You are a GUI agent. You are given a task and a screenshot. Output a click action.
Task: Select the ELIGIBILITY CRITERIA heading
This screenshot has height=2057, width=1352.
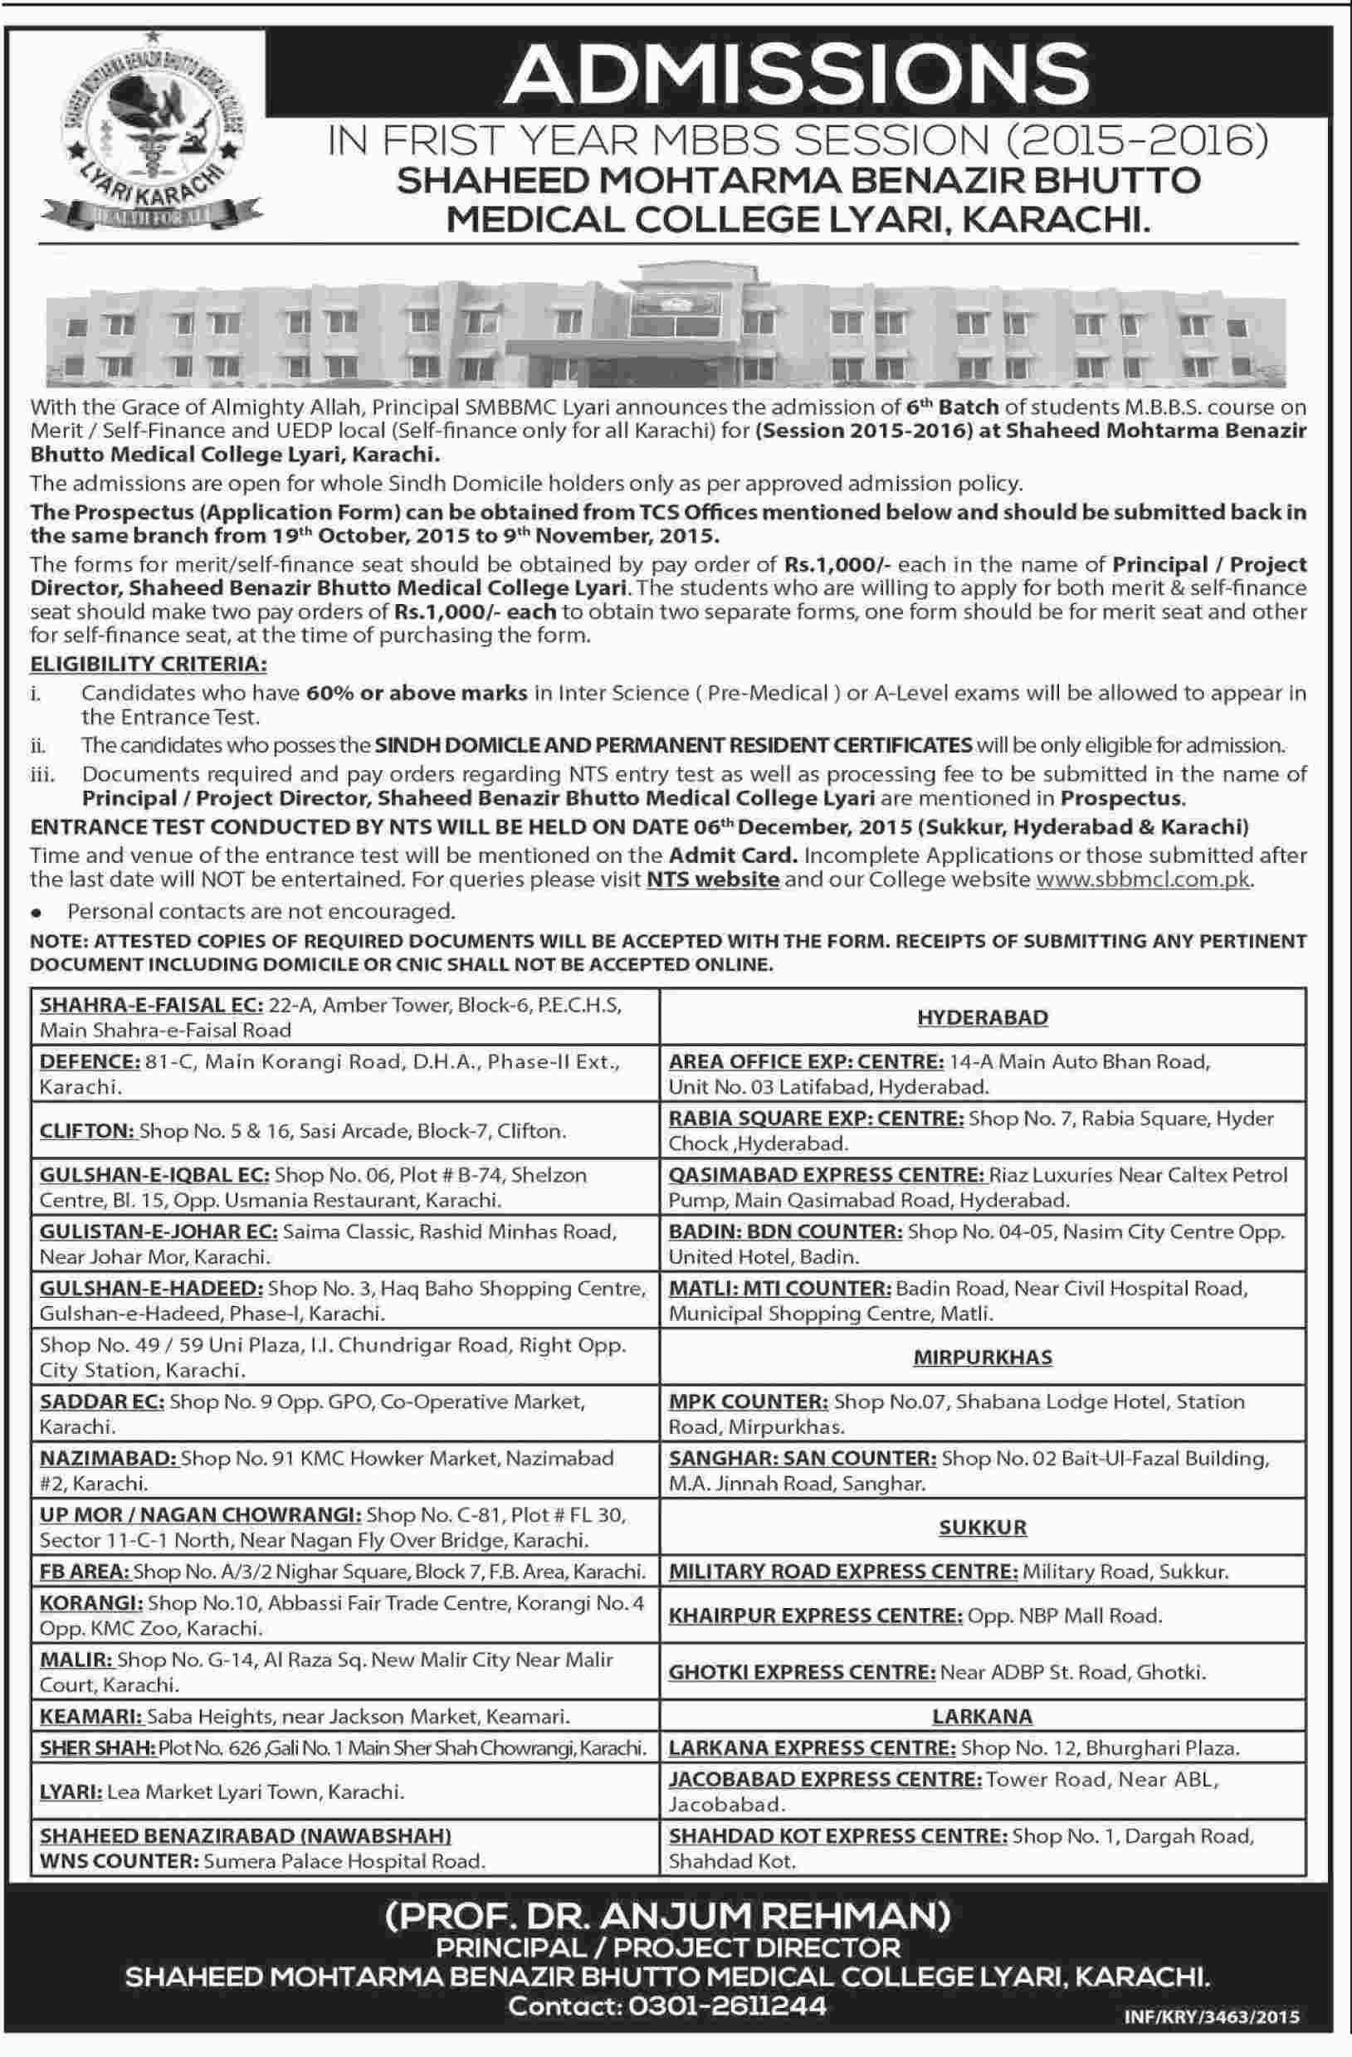(149, 664)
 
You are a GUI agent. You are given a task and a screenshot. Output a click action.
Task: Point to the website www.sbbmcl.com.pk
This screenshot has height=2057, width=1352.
(1143, 880)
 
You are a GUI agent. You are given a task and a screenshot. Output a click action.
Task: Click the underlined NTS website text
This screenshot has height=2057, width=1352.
(713, 880)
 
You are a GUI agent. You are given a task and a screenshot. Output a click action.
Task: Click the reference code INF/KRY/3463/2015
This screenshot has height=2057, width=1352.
(1211, 2017)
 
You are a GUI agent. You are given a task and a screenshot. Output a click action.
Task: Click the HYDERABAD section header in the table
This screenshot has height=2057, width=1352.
(982, 1017)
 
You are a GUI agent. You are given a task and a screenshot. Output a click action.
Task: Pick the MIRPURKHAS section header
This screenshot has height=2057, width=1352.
(982, 1357)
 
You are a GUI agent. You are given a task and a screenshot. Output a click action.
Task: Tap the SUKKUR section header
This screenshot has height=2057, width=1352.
(982, 1528)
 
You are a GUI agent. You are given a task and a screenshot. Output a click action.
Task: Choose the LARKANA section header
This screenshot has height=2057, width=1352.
(982, 1716)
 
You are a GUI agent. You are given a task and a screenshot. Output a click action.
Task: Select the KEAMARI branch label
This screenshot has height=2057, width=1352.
(90, 1717)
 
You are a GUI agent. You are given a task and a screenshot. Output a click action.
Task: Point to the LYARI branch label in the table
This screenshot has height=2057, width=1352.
(69, 1791)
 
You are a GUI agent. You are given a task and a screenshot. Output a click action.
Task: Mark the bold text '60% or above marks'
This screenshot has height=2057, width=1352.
(416, 693)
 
